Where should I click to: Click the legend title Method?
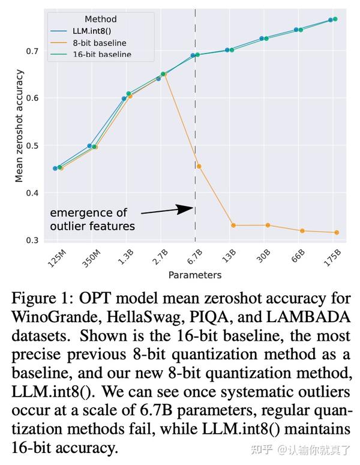[x=101, y=19]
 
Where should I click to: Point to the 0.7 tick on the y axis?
[x=32, y=52]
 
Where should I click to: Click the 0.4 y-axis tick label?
[x=32, y=193]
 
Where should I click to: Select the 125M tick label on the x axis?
[x=57, y=259]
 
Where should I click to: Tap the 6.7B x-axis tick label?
[x=195, y=257]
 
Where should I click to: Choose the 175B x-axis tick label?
[x=332, y=258]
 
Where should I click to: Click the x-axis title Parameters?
[x=195, y=275]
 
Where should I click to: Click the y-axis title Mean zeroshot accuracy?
[x=19, y=126]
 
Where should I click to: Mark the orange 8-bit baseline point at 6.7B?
[x=199, y=166]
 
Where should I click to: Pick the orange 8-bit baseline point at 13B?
[x=233, y=226]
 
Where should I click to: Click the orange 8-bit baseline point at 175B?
[x=337, y=233]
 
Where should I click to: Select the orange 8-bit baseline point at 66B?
[x=302, y=231]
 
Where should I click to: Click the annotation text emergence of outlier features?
[x=92, y=220]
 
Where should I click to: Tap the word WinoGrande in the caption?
[x=54, y=317]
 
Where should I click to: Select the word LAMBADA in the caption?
[x=308, y=317]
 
